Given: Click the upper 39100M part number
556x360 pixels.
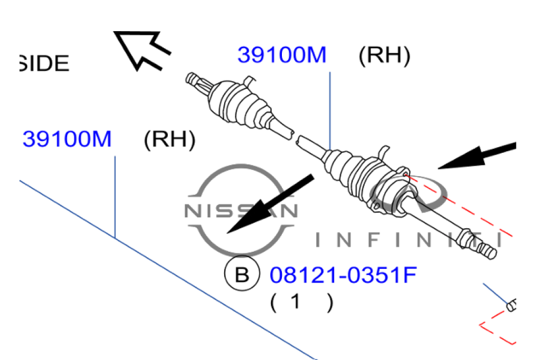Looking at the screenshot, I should [281, 56].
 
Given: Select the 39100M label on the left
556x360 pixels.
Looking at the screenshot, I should [67, 139].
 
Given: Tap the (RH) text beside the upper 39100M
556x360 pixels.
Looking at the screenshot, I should [384, 56].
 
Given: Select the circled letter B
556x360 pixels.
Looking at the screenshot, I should [242, 274].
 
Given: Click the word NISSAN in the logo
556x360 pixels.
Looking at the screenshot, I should [241, 211].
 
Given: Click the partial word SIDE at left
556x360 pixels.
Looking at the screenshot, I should [44, 64].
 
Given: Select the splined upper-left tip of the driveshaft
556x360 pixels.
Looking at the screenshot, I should [195, 79].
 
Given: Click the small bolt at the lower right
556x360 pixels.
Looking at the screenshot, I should [511, 303].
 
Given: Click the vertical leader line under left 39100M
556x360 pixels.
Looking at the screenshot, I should [115, 197].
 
